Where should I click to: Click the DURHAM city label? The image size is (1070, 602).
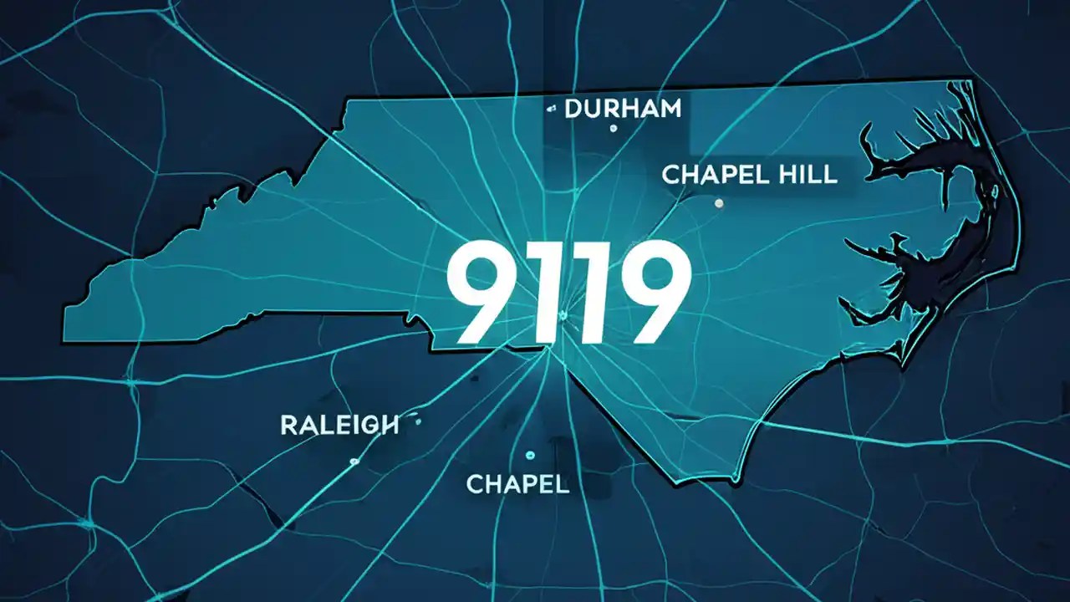(623, 109)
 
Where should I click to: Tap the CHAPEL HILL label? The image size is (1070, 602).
(749, 175)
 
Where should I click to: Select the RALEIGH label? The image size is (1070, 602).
(339, 425)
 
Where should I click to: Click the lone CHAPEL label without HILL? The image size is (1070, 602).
(517, 483)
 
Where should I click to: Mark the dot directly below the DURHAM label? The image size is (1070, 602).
(613, 128)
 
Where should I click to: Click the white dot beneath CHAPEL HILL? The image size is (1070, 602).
(719, 202)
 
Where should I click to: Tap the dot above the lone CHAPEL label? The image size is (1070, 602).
(529, 455)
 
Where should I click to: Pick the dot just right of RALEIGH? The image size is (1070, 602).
(417, 422)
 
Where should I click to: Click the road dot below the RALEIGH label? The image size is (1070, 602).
(354, 461)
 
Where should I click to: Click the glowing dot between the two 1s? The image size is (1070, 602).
(563, 315)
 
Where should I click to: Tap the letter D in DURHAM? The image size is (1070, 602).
(574, 109)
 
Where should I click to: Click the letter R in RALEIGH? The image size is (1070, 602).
(288, 425)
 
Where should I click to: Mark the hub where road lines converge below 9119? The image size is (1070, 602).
(549, 349)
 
